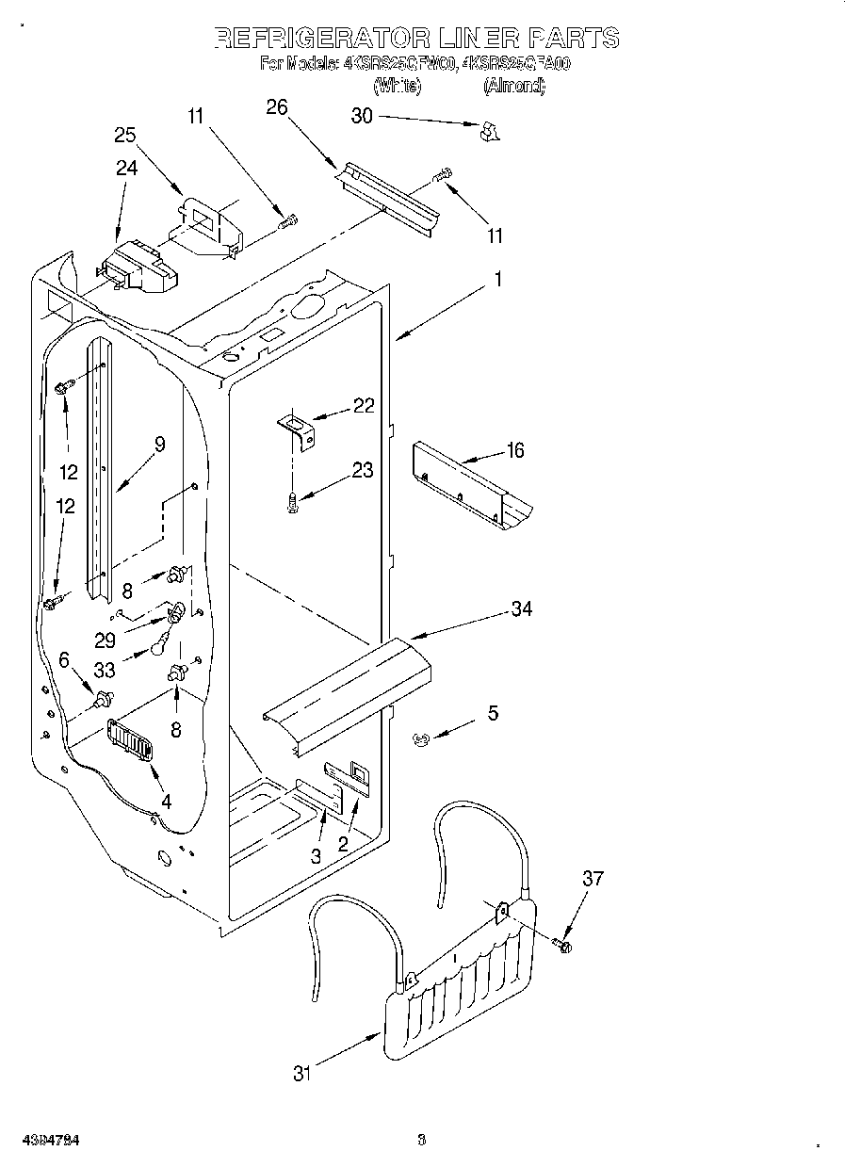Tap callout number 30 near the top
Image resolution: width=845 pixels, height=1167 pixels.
(x=362, y=116)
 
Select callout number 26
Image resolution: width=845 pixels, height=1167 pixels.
(x=276, y=107)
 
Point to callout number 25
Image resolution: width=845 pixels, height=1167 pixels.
(x=125, y=135)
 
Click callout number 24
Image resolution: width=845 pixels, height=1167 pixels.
(x=126, y=169)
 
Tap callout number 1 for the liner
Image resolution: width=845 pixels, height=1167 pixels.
(x=498, y=280)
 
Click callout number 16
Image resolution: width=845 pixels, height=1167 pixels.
(x=514, y=450)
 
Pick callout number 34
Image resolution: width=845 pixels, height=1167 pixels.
(x=521, y=609)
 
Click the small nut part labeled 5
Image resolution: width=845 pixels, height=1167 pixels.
(x=421, y=739)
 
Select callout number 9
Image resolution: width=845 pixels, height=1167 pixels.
(x=159, y=445)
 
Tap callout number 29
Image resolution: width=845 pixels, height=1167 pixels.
(x=105, y=640)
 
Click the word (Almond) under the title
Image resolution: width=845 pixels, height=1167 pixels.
(x=514, y=86)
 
